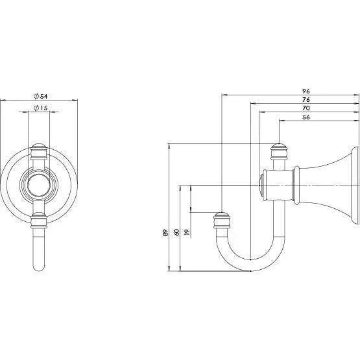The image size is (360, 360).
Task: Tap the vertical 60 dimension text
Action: pyautogui.click(x=176, y=233)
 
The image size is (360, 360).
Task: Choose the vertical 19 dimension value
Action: pyautogui.click(x=187, y=233)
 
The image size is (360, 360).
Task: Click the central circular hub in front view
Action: pyautogui.click(x=40, y=184)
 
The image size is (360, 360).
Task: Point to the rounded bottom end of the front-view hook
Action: pyautogui.click(x=40, y=266)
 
